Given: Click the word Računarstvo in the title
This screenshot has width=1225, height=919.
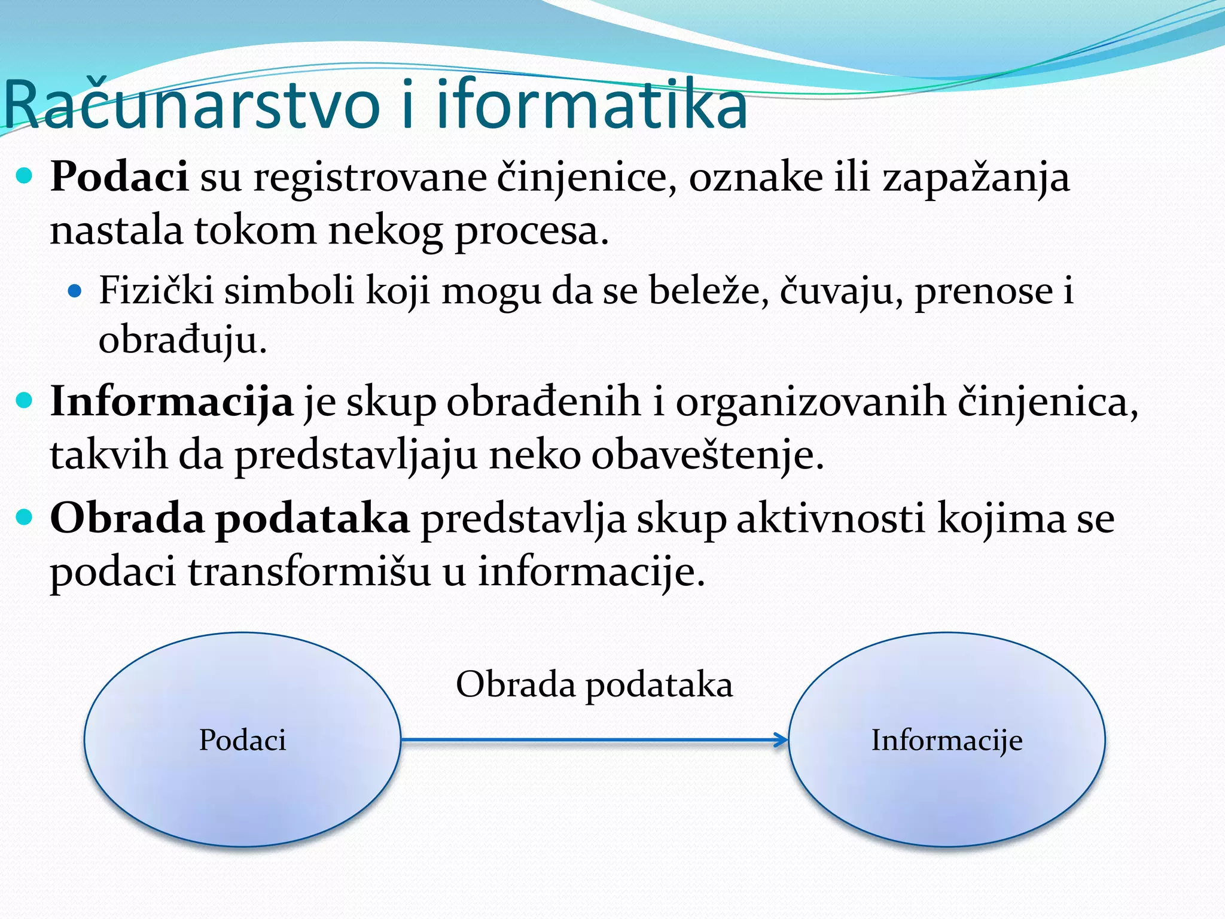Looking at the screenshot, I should (x=191, y=106).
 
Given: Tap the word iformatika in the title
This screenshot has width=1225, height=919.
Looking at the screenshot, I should (x=592, y=106).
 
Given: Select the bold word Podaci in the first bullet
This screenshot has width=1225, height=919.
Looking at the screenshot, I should (x=119, y=178).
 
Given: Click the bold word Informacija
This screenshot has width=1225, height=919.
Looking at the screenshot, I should (x=172, y=402).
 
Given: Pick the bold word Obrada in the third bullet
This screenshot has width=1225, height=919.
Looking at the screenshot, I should (x=127, y=518).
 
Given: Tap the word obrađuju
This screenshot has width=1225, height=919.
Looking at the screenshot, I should (x=182, y=341).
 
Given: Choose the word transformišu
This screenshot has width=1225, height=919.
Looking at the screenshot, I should (x=309, y=572).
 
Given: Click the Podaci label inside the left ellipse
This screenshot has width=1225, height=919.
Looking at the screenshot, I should (x=242, y=740).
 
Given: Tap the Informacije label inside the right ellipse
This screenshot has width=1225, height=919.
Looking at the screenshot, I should (x=947, y=741).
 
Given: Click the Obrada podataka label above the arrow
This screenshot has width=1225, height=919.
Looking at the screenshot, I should (x=594, y=685).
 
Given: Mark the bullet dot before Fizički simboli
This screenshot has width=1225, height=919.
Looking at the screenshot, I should (x=74, y=291).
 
